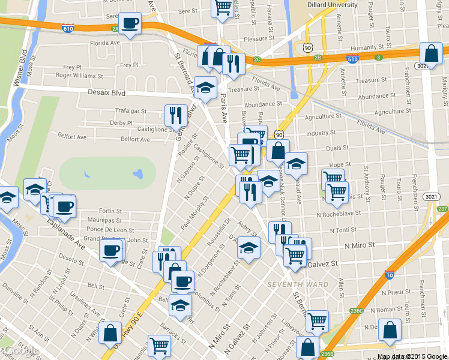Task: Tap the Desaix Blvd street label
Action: (107, 93)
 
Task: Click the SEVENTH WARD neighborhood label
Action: (298, 284)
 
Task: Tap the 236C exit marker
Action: (357, 311)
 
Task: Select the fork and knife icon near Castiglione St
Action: (176, 114)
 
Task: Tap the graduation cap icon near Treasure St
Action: (205, 87)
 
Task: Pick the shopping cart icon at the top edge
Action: (223, 8)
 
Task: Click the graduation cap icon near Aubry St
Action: (249, 247)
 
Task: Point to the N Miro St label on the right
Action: (360, 245)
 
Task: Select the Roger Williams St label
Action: (80, 76)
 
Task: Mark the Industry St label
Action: (320, 133)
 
